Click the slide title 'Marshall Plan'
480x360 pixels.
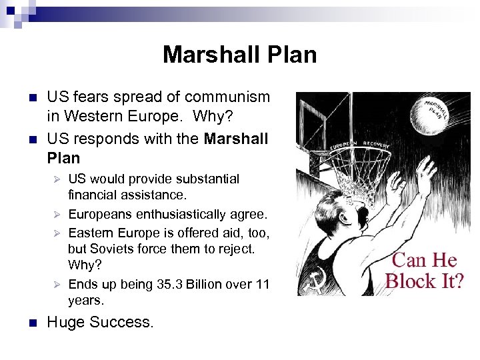click(x=239, y=54)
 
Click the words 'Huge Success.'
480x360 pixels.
click(x=100, y=323)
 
